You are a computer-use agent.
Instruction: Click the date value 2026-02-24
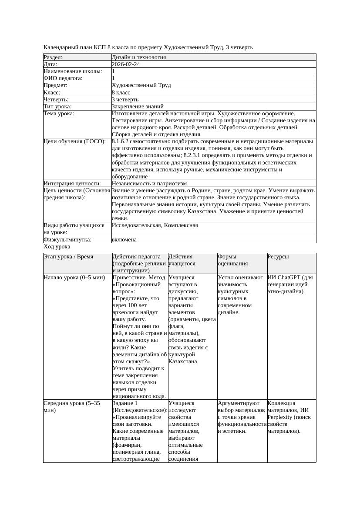[x=126, y=64]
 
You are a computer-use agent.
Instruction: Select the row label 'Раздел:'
[x=53, y=57]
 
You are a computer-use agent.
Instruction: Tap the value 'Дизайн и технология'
[x=138, y=57]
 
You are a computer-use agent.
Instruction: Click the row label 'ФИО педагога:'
[x=63, y=78]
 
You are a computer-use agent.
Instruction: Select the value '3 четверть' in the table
[x=125, y=100]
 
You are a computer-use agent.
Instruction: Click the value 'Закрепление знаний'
[x=138, y=107]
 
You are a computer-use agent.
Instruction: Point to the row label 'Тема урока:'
[x=59, y=114]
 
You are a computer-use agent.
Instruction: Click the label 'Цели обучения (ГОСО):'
[x=75, y=141]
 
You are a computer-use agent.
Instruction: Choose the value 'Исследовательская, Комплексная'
[x=155, y=225]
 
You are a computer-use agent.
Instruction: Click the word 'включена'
[x=124, y=240]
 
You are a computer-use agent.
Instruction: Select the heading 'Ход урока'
[x=56, y=247]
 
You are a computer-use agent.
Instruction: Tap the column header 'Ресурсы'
[x=278, y=257]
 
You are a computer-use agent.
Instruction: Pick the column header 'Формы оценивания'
[x=232, y=260]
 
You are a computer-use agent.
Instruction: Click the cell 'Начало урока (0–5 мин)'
[x=74, y=277]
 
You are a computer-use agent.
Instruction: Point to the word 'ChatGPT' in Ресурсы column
[x=294, y=277]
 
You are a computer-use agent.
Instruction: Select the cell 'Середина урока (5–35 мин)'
[x=72, y=407]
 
